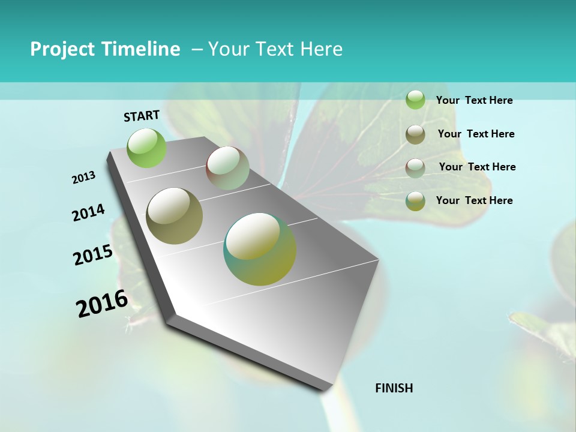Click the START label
tap(142, 116)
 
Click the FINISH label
tap(394, 388)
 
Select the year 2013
tap(84, 178)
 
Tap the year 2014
tap(89, 213)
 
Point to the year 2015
tap(93, 255)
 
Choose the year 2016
tap(102, 304)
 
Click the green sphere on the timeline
tap(146, 148)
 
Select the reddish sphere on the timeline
tap(227, 168)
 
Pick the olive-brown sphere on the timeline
tap(174, 215)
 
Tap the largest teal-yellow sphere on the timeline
tap(260, 249)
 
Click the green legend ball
tap(415, 100)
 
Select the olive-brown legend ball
tap(415, 134)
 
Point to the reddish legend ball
tap(415, 167)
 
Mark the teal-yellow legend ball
tap(415, 201)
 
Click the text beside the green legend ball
tap(474, 101)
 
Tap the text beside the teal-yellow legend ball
tap(474, 200)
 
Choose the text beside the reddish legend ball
tap(477, 167)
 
